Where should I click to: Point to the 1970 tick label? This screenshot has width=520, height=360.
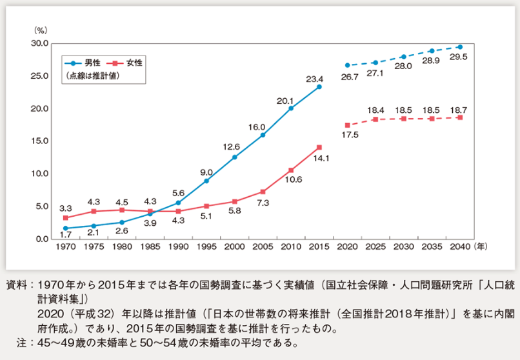click(65, 246)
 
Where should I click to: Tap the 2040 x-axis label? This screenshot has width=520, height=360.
click(459, 246)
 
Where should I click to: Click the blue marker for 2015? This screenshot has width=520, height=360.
click(319, 86)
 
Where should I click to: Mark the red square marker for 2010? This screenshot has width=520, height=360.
click(291, 170)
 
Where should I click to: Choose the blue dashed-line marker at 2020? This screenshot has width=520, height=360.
click(347, 65)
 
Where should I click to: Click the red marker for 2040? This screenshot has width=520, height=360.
click(459, 117)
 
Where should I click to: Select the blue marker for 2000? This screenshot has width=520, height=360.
click(234, 157)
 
